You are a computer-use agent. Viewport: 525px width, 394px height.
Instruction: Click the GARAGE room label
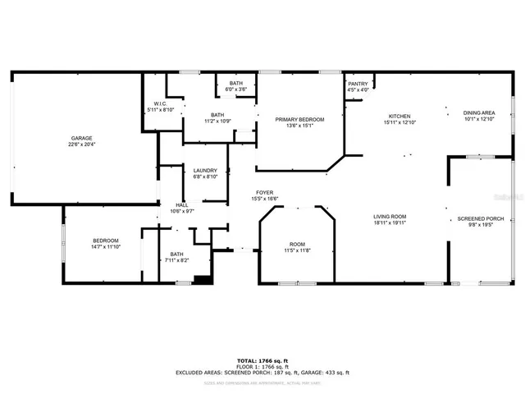click(x=80, y=137)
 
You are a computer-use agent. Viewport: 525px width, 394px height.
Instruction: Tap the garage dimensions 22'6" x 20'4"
click(x=80, y=144)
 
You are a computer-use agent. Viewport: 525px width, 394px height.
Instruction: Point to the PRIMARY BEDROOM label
click(x=299, y=120)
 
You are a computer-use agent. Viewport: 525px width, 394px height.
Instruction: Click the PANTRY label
click(x=358, y=84)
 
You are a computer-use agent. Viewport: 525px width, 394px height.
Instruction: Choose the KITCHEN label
click(x=399, y=117)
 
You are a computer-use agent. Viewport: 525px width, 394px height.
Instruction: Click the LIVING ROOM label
click(x=390, y=217)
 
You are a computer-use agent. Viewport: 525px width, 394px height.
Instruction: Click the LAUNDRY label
click(x=205, y=171)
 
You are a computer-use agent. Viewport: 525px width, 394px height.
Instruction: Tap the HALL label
click(x=181, y=205)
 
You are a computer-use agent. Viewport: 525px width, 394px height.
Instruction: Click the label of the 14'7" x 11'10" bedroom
click(x=105, y=241)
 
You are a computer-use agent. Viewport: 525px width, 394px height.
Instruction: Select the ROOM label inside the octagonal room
click(x=297, y=245)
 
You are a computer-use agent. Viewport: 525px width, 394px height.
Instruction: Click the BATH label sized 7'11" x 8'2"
click(x=178, y=254)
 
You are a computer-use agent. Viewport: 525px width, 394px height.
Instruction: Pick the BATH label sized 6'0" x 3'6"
click(x=235, y=84)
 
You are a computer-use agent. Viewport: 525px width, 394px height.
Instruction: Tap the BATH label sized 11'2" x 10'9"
click(x=217, y=115)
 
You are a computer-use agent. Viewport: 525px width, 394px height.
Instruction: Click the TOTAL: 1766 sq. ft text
click(x=262, y=360)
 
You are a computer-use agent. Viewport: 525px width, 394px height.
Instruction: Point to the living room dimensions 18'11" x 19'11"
click(x=390, y=223)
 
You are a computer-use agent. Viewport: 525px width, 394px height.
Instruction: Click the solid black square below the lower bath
click(x=203, y=279)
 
